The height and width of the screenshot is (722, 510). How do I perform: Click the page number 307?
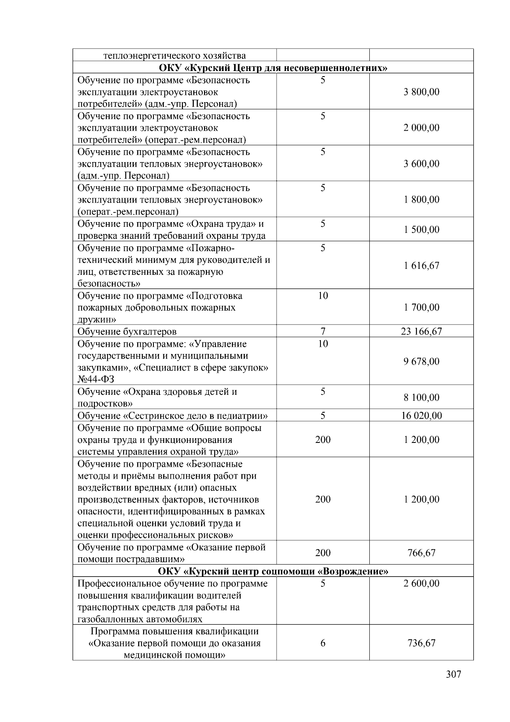click(453, 674)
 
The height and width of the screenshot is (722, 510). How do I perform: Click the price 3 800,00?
click(421, 92)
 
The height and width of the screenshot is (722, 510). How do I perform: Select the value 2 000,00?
click(421, 128)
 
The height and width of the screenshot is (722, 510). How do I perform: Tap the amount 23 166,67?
click(421, 331)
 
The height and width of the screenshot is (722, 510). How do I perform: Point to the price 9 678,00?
click(421, 361)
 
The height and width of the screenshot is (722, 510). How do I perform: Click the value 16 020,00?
click(421, 416)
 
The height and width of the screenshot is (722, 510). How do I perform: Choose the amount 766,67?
click(421, 553)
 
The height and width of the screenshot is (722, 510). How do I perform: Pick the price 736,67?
click(421, 643)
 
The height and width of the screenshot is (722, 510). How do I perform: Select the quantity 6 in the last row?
click(323, 643)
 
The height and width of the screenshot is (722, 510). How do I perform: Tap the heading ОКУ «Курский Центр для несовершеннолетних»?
click(272, 68)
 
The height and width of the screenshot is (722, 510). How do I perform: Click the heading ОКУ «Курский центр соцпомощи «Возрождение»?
click(272, 571)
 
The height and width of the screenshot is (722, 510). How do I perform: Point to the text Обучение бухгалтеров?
click(127, 331)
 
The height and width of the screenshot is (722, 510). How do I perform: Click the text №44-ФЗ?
click(96, 379)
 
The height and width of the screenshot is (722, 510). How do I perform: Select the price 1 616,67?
click(421, 265)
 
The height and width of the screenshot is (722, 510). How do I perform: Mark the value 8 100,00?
click(421, 397)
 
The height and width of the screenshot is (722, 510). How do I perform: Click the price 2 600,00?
click(421, 583)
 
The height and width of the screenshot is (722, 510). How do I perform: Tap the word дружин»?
click(96, 319)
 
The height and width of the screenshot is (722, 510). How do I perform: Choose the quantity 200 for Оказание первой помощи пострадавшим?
click(323, 553)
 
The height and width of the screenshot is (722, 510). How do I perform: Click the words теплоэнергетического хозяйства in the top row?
click(174, 56)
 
